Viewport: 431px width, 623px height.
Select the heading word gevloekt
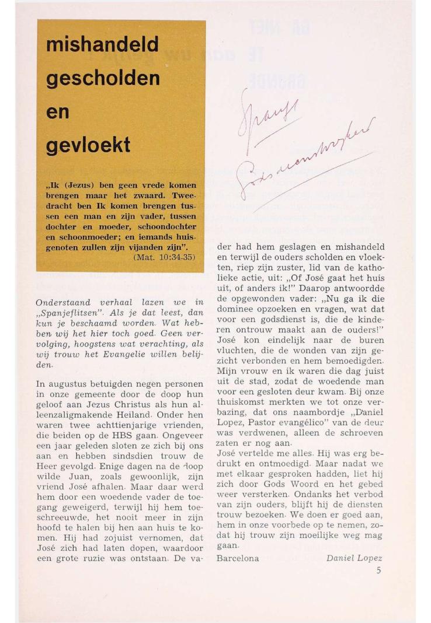pyautogui.click(x=88, y=145)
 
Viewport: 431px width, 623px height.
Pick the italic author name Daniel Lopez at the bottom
pyautogui.click(x=354, y=558)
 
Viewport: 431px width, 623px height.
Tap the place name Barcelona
pyautogui.click(x=238, y=558)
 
